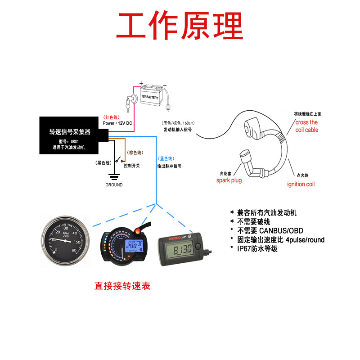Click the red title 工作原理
[x=180, y=26]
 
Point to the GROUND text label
[x=114, y=185]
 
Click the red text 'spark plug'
[x=229, y=180]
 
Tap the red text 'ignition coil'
[x=301, y=184]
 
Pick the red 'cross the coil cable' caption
[x=307, y=126]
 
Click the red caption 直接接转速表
[x=122, y=286]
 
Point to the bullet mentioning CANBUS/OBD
[x=268, y=231]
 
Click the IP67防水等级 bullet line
[x=257, y=248]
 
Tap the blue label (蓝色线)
[x=166, y=158]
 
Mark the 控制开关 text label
[x=131, y=166]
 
